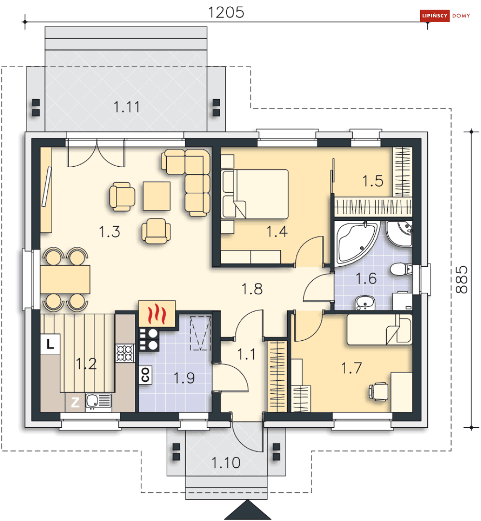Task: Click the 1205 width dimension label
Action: click(x=226, y=12)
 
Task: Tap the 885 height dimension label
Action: click(x=462, y=279)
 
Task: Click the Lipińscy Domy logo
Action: click(x=445, y=15)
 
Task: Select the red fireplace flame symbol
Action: click(x=157, y=314)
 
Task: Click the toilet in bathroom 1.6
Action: click(x=401, y=269)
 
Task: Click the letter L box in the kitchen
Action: click(x=50, y=344)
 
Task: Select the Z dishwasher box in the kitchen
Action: click(x=75, y=403)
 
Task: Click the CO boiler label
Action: click(x=145, y=375)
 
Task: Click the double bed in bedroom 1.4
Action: click(x=255, y=194)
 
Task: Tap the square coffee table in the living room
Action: click(x=157, y=196)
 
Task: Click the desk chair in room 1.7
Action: click(x=379, y=391)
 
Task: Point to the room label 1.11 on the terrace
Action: click(x=127, y=107)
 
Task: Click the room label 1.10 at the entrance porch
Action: click(x=226, y=463)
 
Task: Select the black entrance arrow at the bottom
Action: click(x=248, y=510)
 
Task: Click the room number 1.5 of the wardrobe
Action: click(x=373, y=181)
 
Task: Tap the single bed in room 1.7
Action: click(x=379, y=329)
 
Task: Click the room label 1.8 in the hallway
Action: click(x=252, y=289)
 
